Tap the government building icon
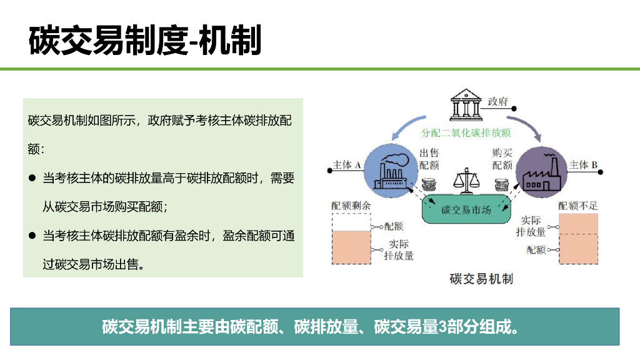[466, 106]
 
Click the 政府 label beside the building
[498, 101]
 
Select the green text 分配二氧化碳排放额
[466, 132]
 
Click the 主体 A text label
[347, 165]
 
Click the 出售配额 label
[429, 159]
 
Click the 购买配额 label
[502, 159]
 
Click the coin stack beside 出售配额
[429, 185]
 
